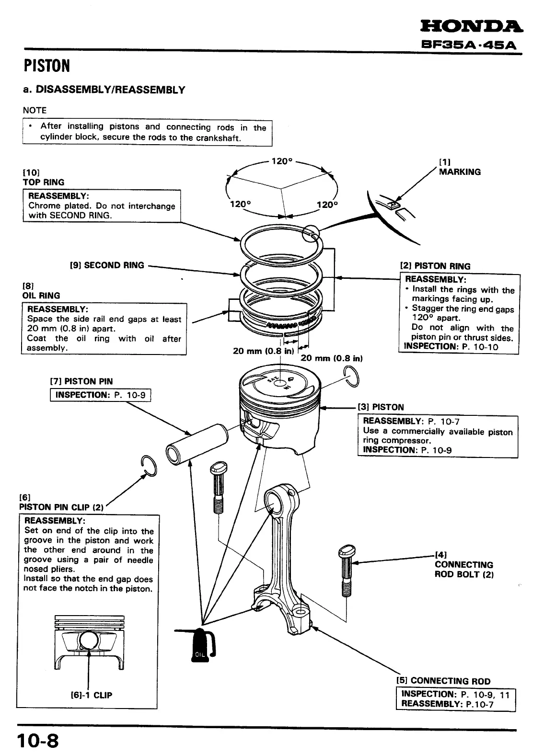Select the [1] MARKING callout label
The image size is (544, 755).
click(x=459, y=168)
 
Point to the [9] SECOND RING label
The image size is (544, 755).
click(x=107, y=265)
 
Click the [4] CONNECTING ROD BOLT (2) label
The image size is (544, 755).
click(x=463, y=565)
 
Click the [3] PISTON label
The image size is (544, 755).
click(x=381, y=407)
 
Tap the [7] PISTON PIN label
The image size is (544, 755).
click(x=81, y=381)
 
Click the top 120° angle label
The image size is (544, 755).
click(x=282, y=161)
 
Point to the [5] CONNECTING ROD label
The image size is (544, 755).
click(x=443, y=681)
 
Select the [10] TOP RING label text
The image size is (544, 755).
click(x=43, y=177)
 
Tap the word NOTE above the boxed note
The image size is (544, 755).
click(x=35, y=110)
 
